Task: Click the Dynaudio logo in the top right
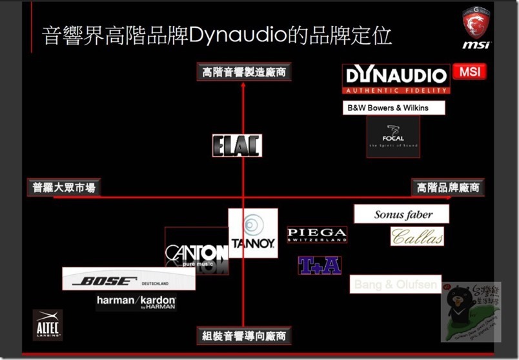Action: tap(396, 79)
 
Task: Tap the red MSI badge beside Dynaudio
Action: tap(470, 72)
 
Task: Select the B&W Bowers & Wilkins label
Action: tap(394, 108)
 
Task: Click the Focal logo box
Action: tap(392, 137)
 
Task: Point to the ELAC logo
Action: tap(237, 146)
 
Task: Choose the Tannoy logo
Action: tap(253, 233)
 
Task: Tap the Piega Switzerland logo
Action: tap(317, 234)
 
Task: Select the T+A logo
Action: tap(320, 265)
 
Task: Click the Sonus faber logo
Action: tap(402, 214)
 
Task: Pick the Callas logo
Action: tap(417, 237)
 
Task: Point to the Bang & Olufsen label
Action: tap(395, 284)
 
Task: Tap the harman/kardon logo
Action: tap(136, 302)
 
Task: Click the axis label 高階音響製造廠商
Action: tap(243, 72)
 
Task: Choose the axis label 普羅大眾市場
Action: tap(64, 187)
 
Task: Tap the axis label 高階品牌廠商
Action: tap(448, 187)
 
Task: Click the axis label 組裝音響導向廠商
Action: tap(243, 335)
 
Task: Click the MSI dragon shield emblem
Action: tap(476, 23)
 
